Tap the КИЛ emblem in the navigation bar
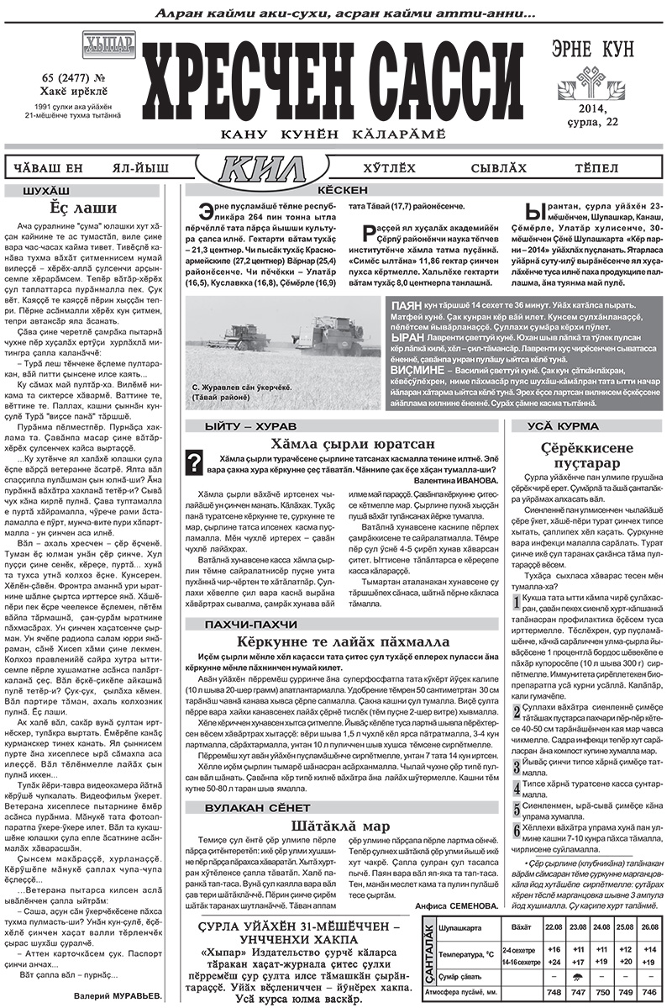point(261,169)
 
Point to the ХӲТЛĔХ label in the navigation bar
point(390,168)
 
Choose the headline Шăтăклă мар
point(340,825)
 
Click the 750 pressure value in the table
point(601,992)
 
